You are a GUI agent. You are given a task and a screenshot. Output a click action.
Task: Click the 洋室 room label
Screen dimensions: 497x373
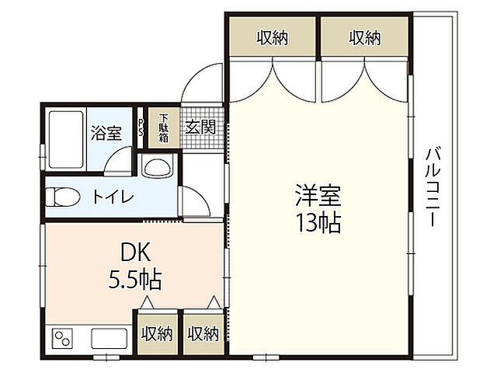pyautogui.click(x=318, y=195)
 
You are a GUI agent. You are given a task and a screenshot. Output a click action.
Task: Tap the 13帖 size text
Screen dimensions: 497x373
pyautogui.click(x=318, y=223)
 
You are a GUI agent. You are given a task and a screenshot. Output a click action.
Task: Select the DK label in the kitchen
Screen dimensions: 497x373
pyautogui.click(x=135, y=252)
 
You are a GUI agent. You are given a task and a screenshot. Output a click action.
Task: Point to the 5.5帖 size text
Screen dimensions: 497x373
pyautogui.click(x=135, y=279)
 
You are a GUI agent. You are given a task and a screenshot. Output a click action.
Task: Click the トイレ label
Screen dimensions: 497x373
pyautogui.click(x=113, y=197)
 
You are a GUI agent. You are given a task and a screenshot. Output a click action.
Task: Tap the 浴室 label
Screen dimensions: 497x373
pyautogui.click(x=106, y=133)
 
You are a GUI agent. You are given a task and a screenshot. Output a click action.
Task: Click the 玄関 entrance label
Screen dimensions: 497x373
pyautogui.click(x=200, y=127)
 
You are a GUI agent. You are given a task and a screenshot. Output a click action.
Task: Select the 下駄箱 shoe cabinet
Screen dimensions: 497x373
pyautogui.click(x=164, y=127)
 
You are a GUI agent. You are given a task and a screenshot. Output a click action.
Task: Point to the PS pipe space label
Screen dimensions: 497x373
pyautogui.click(x=141, y=127)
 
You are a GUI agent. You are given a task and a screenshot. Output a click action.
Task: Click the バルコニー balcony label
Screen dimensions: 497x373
pyautogui.click(x=433, y=187)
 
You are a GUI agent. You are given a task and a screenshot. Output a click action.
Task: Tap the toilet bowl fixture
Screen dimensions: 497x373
pyautogui.click(x=63, y=197)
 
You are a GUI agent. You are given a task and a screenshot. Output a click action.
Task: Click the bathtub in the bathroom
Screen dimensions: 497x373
pyautogui.click(x=66, y=139)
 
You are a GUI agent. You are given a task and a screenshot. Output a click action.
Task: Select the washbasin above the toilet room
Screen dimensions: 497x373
pyautogui.click(x=157, y=166)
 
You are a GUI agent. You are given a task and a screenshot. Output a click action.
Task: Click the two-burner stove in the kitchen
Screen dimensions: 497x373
pyautogui.click(x=62, y=339)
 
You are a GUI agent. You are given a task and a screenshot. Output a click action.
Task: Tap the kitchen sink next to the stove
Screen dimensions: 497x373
pyautogui.click(x=109, y=339)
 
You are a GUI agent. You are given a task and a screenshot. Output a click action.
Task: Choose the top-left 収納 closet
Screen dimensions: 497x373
pyautogui.click(x=273, y=37)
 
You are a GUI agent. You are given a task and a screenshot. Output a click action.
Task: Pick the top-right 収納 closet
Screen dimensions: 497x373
pyautogui.click(x=364, y=37)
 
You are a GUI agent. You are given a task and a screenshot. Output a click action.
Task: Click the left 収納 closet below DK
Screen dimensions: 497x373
pyautogui.click(x=158, y=334)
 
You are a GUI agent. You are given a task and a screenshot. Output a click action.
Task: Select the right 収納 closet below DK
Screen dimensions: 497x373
pyautogui.click(x=203, y=334)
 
